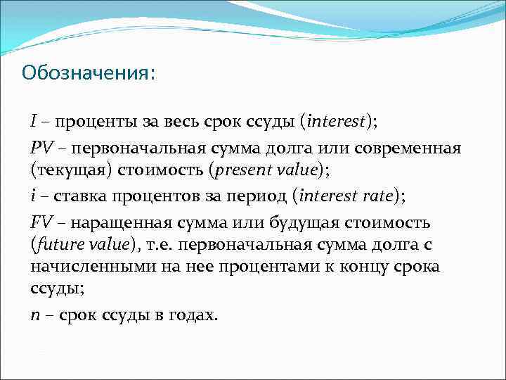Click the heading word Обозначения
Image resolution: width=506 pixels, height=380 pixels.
[x=85, y=72]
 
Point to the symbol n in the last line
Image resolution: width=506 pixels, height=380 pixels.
[x=34, y=316]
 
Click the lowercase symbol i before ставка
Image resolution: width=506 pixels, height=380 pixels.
[x=33, y=196]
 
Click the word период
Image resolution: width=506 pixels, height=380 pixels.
[x=259, y=196]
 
